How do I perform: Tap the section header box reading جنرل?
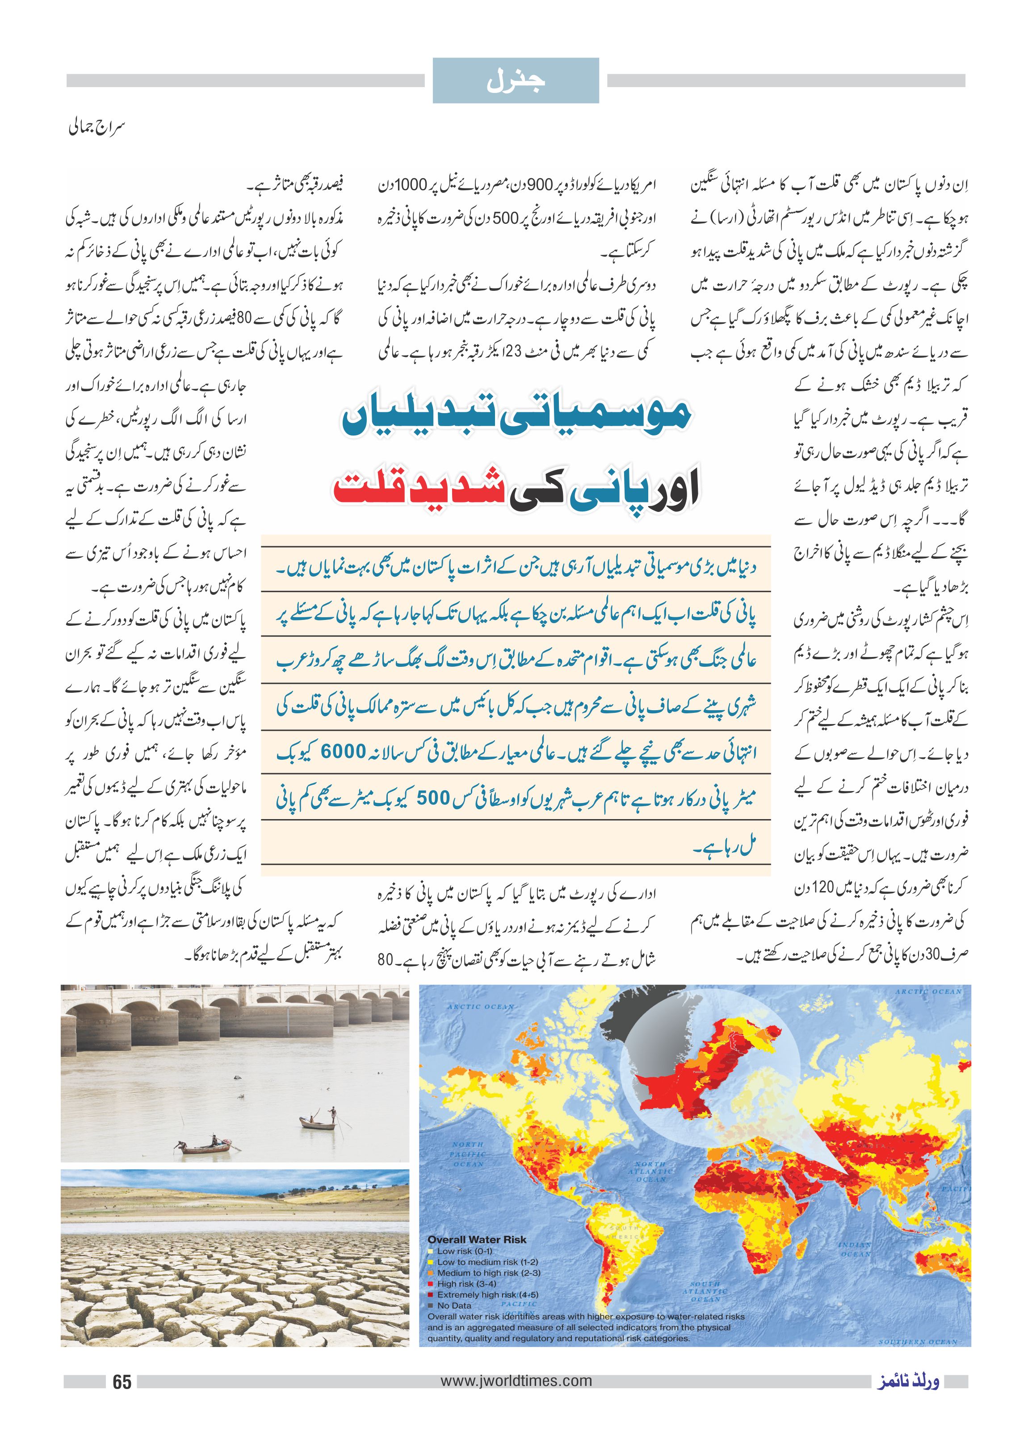[516, 81]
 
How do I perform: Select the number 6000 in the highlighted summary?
[344, 752]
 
